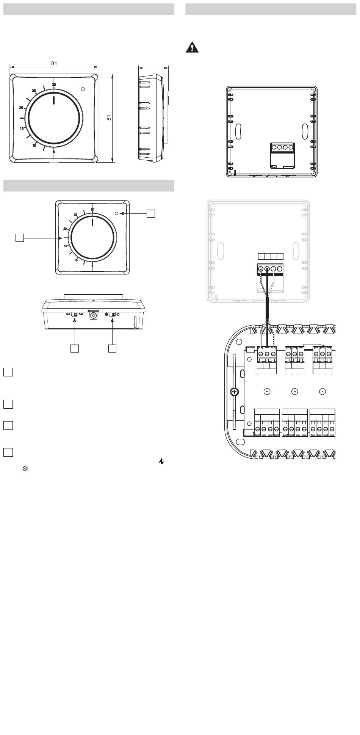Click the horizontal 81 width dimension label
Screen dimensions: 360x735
coord(54,63)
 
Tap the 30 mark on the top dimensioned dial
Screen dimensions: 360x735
coord(54,85)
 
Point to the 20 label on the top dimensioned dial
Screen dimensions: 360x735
coord(21,108)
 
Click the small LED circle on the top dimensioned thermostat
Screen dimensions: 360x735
coord(83,89)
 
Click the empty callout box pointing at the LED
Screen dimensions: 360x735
coord(151,213)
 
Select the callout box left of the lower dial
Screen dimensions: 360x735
coord(19,238)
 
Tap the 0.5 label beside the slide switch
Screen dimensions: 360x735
coord(69,314)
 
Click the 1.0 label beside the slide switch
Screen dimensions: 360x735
coord(81,314)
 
